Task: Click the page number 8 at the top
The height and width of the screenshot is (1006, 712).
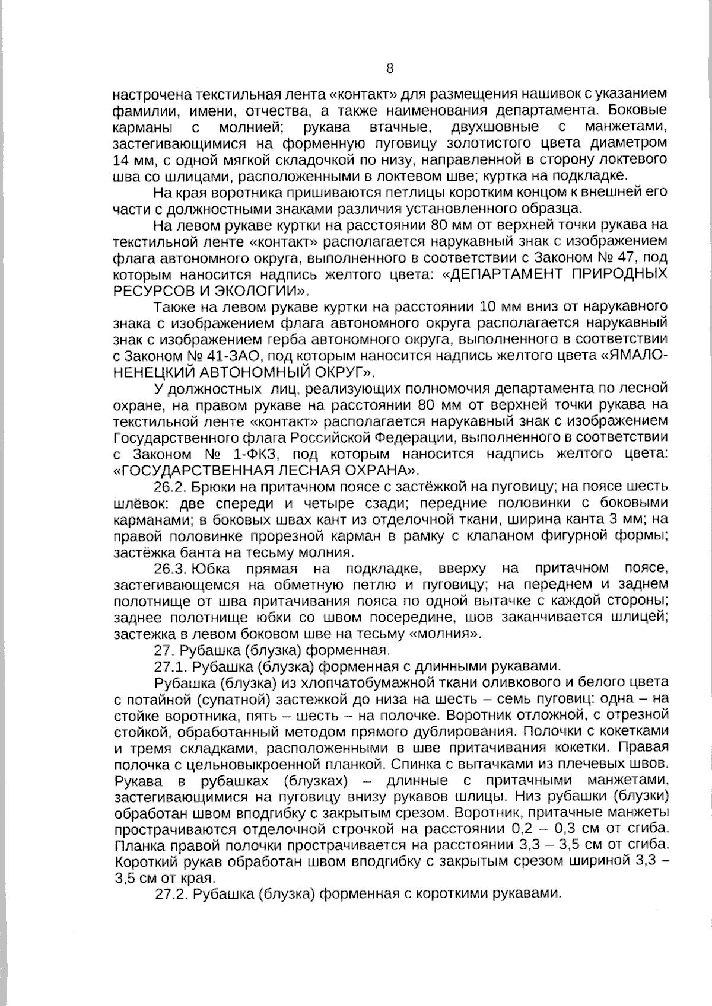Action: point(390,68)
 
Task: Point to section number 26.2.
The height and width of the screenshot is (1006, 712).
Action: point(171,487)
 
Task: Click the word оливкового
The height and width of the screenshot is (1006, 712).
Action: point(509,682)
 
